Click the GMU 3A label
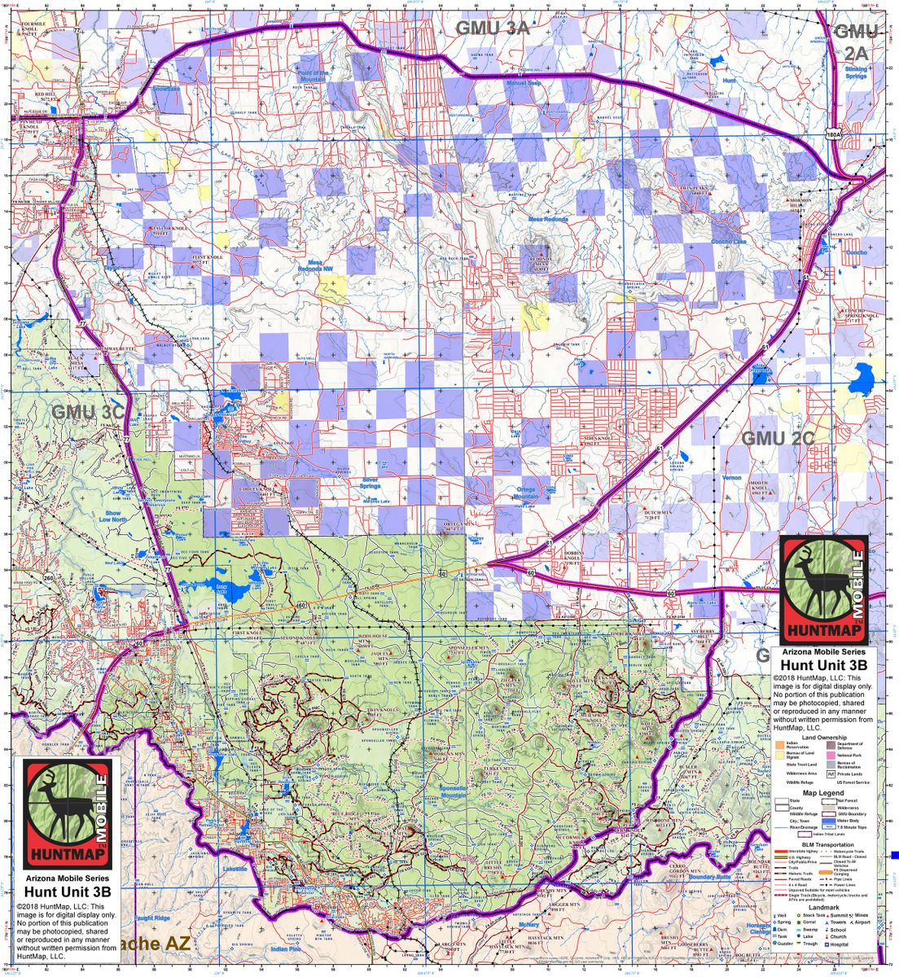point(492,28)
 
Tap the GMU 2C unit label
point(778,438)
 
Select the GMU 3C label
point(88,412)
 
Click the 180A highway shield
point(831,134)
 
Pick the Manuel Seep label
point(524,83)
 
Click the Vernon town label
point(732,478)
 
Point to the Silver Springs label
point(371,484)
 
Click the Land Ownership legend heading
point(823,738)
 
